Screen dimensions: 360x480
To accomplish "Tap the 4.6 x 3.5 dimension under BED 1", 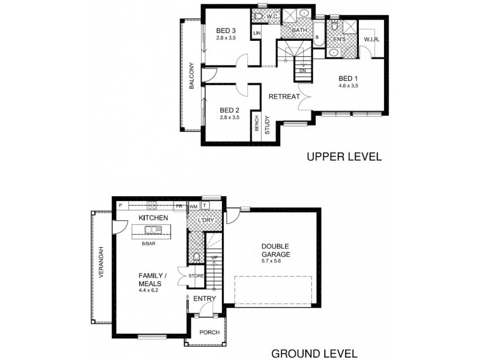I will [x=348, y=86].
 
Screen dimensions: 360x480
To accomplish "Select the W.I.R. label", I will [x=373, y=40].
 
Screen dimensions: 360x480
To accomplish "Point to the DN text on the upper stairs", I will [x=303, y=70].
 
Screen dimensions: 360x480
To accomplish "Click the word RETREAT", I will [x=284, y=97].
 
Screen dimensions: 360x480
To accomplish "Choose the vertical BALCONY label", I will [x=191, y=76].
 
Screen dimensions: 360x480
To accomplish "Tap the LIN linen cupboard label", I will [x=257, y=33].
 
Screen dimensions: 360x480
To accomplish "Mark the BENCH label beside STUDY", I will [x=257, y=124].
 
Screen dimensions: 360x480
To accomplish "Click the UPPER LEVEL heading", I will [x=344, y=158].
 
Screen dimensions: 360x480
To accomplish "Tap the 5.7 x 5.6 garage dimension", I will [x=275, y=261].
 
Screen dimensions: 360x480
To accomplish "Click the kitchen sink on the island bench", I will [x=153, y=229].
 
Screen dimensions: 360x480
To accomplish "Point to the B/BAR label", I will [x=149, y=244].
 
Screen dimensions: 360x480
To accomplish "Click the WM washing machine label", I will [x=193, y=206].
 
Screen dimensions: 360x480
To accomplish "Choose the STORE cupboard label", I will [x=197, y=275].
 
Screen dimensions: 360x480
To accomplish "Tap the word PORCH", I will [x=209, y=332].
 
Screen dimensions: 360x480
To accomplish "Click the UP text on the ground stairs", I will [x=214, y=257].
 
